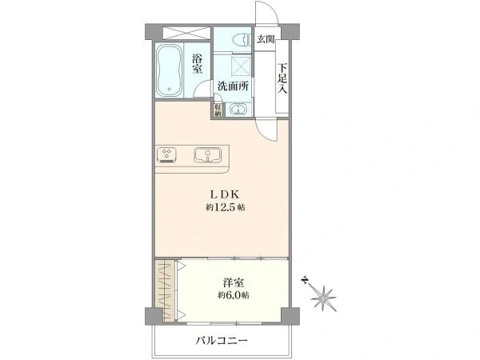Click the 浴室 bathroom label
pyautogui.click(x=198, y=63)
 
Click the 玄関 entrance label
pyautogui.click(x=265, y=39)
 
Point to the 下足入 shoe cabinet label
pyautogui.click(x=282, y=78)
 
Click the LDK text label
pyautogui.click(x=222, y=194)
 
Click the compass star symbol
pyautogui.click(x=324, y=298)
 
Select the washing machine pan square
pyautogui.click(x=239, y=66)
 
